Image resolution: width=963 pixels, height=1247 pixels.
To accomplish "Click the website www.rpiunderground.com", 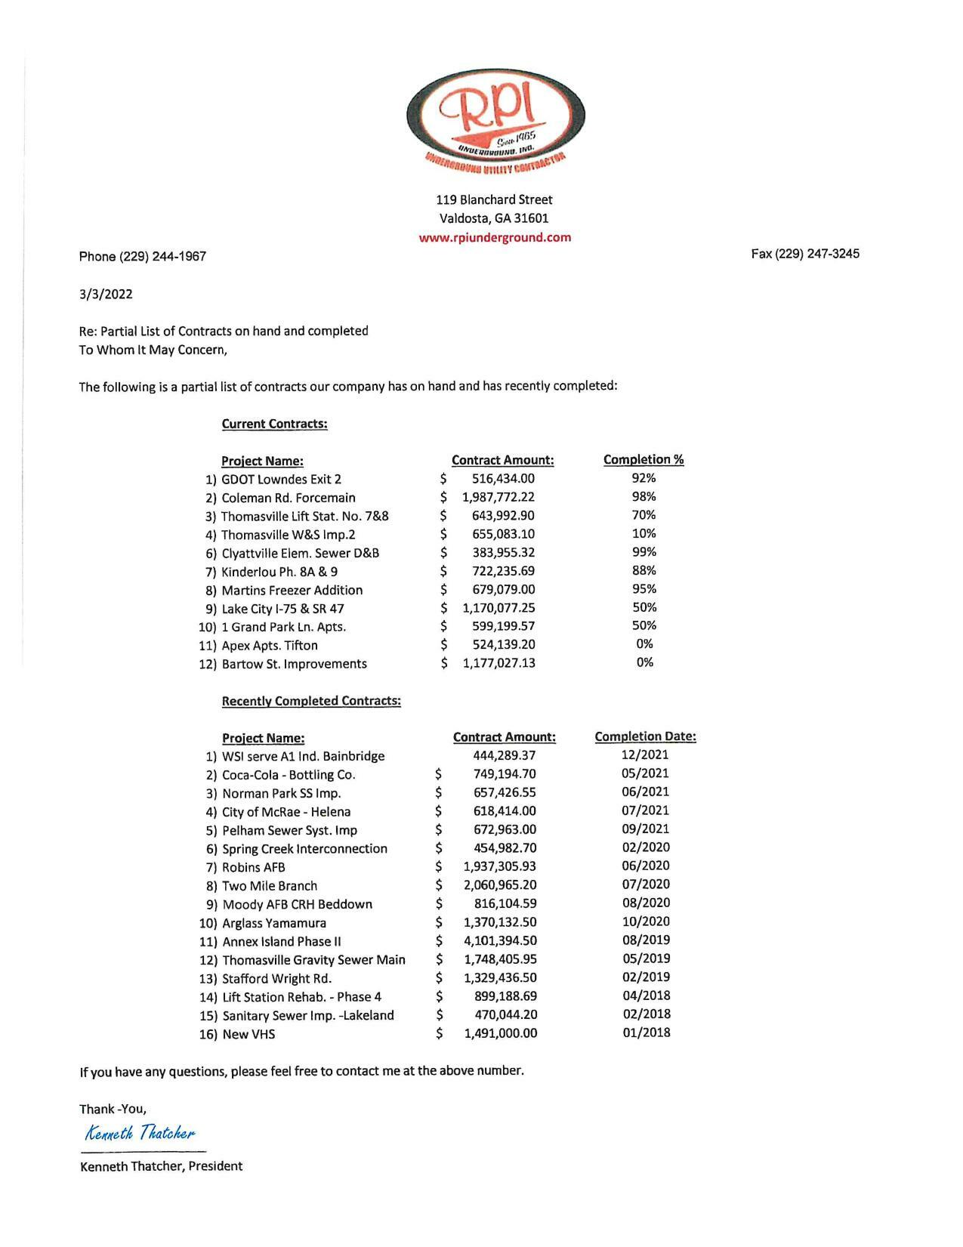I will click(x=495, y=237).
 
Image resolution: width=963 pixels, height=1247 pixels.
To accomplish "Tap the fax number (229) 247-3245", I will click(x=805, y=254).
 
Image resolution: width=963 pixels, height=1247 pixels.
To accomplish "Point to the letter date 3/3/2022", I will click(x=106, y=295).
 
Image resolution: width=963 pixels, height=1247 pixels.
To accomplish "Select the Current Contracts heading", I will click(x=274, y=424).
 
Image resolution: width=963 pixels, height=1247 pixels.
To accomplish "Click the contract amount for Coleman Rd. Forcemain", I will click(x=498, y=497).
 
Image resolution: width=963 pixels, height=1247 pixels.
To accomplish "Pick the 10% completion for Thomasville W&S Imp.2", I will click(x=644, y=534).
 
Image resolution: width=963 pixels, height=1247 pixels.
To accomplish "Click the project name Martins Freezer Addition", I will click(x=292, y=590).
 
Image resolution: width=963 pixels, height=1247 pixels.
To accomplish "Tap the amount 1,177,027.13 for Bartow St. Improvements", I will click(x=498, y=663).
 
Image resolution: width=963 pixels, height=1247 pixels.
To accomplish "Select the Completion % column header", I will click(x=644, y=460).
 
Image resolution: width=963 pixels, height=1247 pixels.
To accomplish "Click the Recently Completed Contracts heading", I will click(x=311, y=701).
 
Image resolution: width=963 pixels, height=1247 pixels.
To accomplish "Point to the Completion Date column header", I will click(x=645, y=736).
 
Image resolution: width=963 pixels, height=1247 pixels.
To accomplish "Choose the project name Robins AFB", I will click(x=254, y=868).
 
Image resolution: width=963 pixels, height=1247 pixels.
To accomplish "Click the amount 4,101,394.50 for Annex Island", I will click(x=500, y=941).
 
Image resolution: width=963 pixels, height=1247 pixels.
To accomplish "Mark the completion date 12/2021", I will click(x=645, y=755).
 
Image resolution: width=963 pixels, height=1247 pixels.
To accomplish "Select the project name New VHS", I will click(x=248, y=1034).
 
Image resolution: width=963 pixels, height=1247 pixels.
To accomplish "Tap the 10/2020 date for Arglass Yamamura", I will click(x=646, y=921).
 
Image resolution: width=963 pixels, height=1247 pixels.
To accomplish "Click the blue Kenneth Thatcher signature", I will click(x=140, y=1133).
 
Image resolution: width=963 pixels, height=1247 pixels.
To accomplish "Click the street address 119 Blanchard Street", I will click(x=494, y=200).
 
